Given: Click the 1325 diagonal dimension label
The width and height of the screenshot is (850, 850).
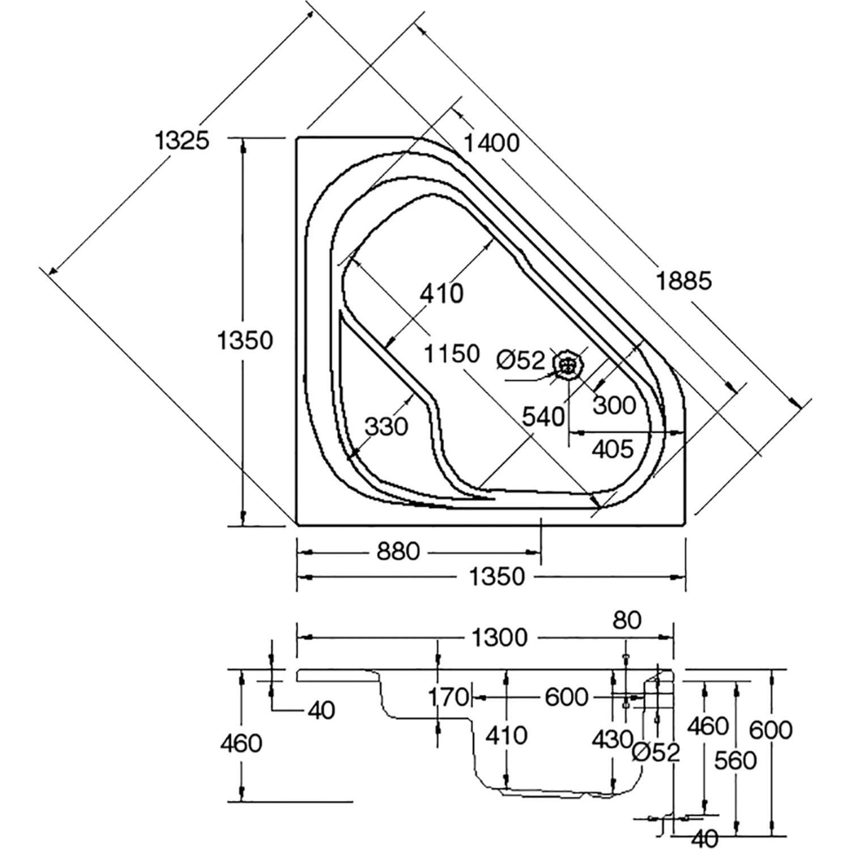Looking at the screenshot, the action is tap(182, 140).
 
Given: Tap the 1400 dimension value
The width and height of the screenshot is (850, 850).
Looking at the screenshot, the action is tap(491, 143).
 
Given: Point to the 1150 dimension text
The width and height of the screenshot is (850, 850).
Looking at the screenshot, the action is tap(452, 354).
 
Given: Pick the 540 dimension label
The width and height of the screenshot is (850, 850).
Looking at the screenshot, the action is tap(543, 417).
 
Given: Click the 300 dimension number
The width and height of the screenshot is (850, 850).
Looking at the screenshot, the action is tap(615, 405).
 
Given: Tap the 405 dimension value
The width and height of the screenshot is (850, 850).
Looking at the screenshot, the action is tap(612, 449).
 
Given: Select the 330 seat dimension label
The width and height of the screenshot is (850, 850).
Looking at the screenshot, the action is tap(386, 426).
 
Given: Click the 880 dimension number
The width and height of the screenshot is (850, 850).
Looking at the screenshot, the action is tap(398, 551).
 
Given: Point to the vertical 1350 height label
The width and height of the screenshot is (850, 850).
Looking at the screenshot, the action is tap(246, 341).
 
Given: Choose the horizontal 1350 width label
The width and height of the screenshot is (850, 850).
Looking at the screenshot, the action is tap(498, 577).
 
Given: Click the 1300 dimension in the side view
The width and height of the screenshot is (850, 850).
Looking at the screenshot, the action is tap(500, 638).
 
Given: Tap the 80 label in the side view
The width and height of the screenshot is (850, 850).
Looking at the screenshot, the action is tap(627, 620).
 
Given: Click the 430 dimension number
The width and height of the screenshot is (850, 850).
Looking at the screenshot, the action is tap(612, 739).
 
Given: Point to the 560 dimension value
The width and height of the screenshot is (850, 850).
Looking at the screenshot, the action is tap(736, 760).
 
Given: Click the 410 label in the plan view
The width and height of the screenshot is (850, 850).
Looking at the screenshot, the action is tap(442, 294).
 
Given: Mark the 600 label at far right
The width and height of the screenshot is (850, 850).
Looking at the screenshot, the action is tap(771, 729).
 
